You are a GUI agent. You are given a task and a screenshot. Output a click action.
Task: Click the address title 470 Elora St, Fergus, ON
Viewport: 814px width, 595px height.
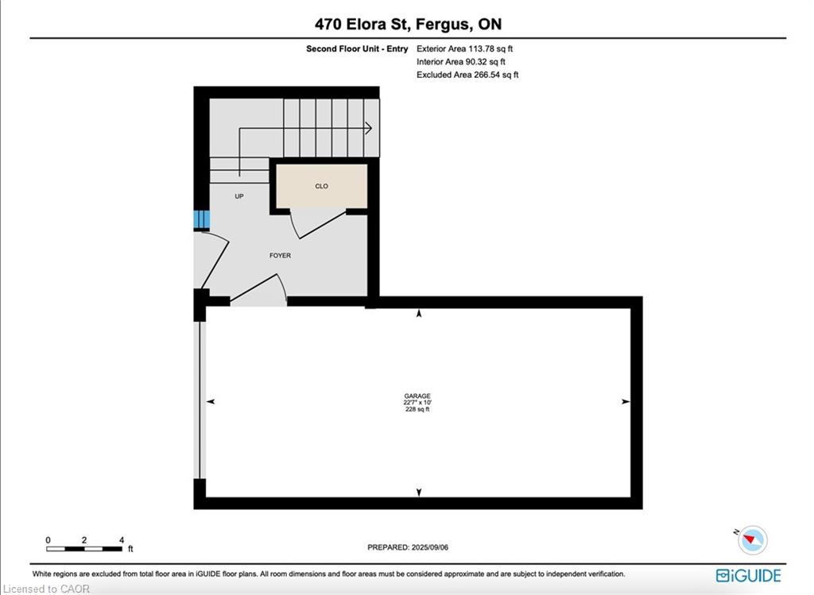point(408,24)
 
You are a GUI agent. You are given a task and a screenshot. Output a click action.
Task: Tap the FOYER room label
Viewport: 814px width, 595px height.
point(280,255)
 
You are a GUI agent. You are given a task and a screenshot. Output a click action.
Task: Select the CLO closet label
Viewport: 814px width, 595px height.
point(321,186)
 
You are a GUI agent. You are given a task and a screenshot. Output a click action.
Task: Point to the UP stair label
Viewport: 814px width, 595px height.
point(239,196)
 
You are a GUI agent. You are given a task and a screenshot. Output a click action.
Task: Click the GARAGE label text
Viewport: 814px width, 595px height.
point(417,396)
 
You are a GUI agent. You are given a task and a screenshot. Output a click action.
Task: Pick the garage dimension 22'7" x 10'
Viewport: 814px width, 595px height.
point(417,402)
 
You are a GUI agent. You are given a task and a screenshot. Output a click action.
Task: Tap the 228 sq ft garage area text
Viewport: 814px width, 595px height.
point(417,409)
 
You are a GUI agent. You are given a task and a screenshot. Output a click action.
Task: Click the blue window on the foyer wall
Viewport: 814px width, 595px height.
point(201,219)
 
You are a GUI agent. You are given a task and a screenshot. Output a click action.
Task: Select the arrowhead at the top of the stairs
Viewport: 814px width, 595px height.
point(368,128)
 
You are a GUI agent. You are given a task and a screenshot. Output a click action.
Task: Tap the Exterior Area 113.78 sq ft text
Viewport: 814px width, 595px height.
point(464,48)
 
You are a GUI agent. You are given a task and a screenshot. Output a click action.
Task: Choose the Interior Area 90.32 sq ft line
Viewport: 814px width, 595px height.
point(461,62)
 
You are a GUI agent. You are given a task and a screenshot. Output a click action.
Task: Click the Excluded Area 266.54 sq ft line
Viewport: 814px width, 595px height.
point(467,75)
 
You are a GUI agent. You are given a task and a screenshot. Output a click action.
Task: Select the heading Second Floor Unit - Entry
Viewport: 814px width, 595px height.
point(357,48)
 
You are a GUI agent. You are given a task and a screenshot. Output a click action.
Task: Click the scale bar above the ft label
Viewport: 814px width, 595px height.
point(84,548)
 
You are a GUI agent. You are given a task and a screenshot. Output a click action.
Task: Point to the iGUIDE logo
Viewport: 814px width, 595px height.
point(749,575)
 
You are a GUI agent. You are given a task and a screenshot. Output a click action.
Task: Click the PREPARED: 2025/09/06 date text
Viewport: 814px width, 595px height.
point(408,547)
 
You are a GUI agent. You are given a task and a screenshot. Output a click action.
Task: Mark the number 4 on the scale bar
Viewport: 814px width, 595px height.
point(122,540)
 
